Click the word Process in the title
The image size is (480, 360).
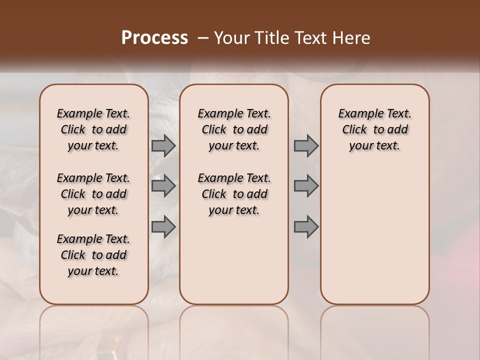point(154,37)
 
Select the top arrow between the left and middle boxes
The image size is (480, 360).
point(163,145)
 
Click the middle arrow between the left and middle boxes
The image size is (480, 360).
point(163,186)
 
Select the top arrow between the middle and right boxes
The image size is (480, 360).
point(306,145)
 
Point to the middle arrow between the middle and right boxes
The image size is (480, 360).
point(306,186)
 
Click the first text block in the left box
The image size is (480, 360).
point(93,129)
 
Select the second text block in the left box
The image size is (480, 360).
point(93,194)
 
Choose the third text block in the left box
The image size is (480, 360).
point(93,255)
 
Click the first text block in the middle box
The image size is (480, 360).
point(234,129)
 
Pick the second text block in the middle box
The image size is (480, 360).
point(234,194)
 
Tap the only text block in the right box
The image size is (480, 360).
point(374,129)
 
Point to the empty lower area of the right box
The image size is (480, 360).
point(374,235)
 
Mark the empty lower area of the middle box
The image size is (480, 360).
point(234,260)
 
